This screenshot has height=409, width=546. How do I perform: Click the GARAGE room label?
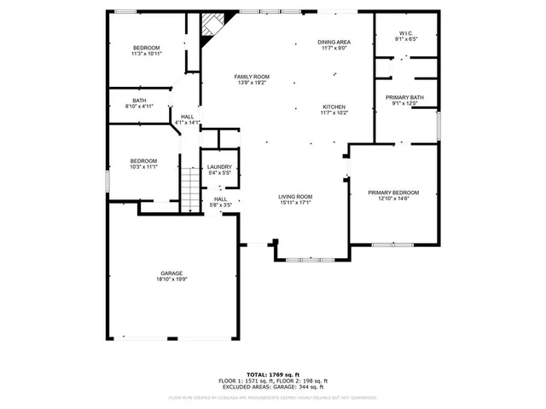pos(171,274)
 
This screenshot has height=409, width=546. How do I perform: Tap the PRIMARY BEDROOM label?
pos(393,193)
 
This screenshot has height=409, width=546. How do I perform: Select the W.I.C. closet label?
pos(406,33)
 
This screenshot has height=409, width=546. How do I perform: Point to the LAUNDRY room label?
pos(220,167)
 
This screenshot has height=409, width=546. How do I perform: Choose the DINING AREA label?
pos(334,42)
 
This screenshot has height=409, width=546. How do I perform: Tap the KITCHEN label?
pos(333,107)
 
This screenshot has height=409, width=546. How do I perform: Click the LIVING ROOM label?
pos(295,197)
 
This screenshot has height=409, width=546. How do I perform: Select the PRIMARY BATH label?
pos(405,98)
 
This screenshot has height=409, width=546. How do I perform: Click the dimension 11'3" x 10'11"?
pos(147,54)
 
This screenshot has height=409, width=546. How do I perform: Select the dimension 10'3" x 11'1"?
pos(143,166)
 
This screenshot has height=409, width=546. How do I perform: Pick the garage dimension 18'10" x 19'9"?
pos(171,279)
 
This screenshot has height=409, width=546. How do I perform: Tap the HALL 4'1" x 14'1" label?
pos(187,119)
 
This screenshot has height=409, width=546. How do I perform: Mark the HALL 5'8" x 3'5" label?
pos(220,201)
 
